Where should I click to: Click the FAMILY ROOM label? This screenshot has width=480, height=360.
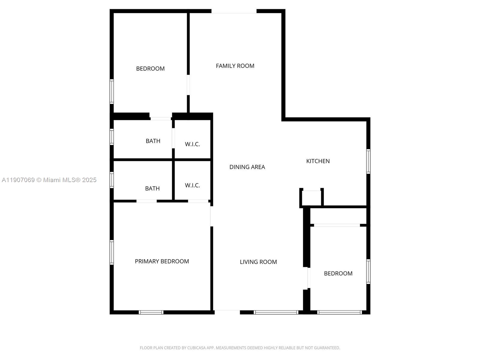pyautogui.click(x=235, y=66)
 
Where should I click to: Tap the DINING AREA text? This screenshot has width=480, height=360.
pyautogui.click(x=247, y=167)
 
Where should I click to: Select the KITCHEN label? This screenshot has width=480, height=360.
pyautogui.click(x=318, y=161)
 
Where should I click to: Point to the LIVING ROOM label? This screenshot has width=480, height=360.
pyautogui.click(x=258, y=262)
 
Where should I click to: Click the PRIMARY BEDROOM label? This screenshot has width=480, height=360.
pyautogui.click(x=162, y=261)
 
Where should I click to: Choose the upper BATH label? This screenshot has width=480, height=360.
pyautogui.click(x=153, y=141)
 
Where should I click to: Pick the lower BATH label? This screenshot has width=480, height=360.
pyautogui.click(x=152, y=188)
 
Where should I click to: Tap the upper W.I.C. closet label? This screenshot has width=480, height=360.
pyautogui.click(x=192, y=144)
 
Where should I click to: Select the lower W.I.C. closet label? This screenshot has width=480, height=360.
pyautogui.click(x=192, y=185)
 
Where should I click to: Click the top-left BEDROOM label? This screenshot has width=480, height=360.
pyautogui.click(x=150, y=68)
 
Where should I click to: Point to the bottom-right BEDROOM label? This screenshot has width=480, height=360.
pyautogui.click(x=338, y=273)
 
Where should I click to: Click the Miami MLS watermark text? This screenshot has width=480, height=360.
pyautogui.click(x=49, y=180)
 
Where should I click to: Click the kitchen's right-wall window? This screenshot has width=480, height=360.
pyautogui.click(x=368, y=161)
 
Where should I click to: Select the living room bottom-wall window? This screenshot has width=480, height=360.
pyautogui.click(x=276, y=312)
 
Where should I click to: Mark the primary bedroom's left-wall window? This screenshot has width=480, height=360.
pyautogui.click(x=112, y=252)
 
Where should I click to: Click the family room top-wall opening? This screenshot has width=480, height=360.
pyautogui.click(x=234, y=11)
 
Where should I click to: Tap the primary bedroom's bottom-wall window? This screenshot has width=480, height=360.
pyautogui.click(x=151, y=312)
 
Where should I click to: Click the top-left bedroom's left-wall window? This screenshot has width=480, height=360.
pyautogui.click(x=112, y=91)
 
